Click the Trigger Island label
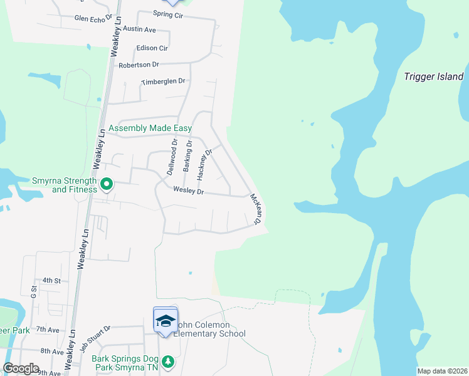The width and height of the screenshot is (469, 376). [x=434, y=77]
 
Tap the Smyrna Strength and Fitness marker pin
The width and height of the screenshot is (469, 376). [x=107, y=184]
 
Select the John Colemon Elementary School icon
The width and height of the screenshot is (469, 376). [x=166, y=321]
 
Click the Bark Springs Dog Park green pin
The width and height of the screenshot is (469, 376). [x=167, y=362]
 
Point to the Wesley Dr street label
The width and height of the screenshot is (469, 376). [x=189, y=191]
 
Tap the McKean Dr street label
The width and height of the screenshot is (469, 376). [x=255, y=209]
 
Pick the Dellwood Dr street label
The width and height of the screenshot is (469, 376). [x=173, y=155]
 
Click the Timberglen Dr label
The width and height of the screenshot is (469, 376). [x=164, y=81]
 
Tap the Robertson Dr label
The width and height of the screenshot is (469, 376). [x=139, y=65]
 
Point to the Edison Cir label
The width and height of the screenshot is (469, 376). [x=152, y=48]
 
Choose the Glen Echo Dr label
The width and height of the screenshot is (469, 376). [x=93, y=19]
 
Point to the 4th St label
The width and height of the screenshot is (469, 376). [x=51, y=280]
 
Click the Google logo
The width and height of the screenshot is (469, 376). [x=21, y=368]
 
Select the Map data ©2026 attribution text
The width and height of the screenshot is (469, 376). [x=442, y=371]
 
